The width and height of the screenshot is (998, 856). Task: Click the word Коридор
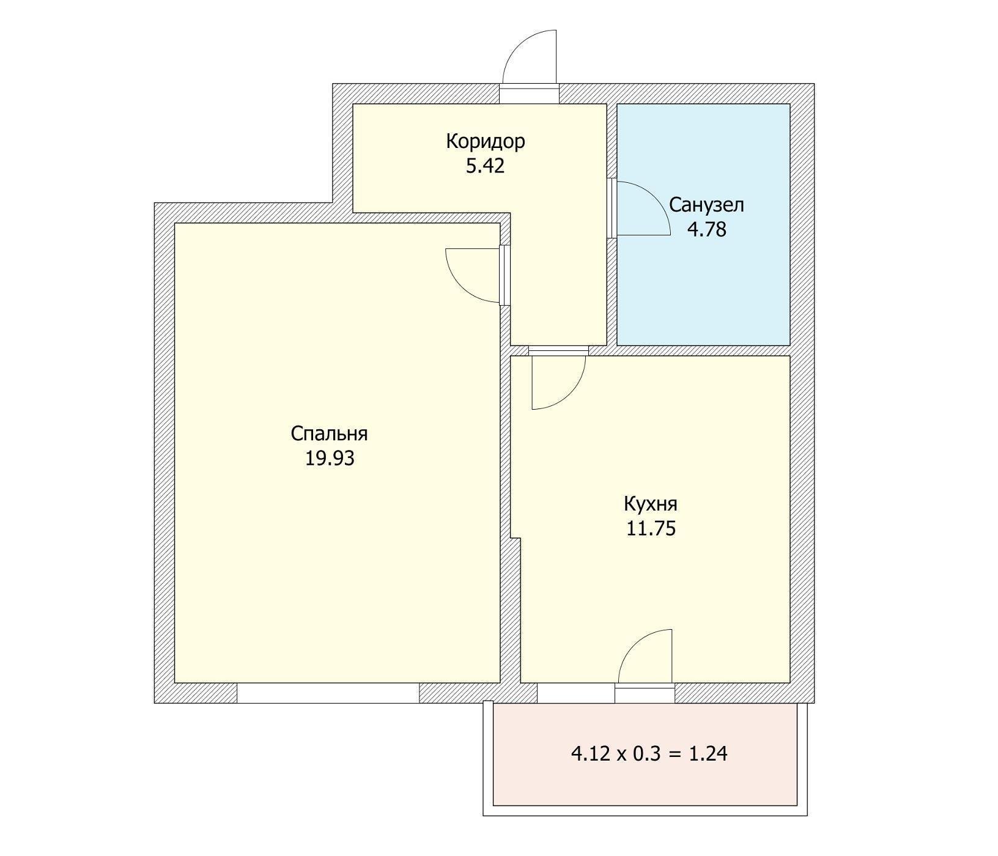pyautogui.click(x=486, y=142)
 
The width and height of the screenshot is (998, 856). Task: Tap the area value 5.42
pyautogui.click(x=486, y=166)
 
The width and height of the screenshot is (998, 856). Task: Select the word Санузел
pyautogui.click(x=706, y=205)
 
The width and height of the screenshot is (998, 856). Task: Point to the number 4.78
pyautogui.click(x=707, y=229)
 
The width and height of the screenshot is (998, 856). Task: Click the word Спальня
pyautogui.click(x=329, y=434)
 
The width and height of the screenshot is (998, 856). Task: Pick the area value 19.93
pyautogui.click(x=330, y=458)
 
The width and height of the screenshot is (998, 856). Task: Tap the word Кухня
pyautogui.click(x=651, y=504)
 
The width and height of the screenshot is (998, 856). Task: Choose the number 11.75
pyautogui.click(x=651, y=528)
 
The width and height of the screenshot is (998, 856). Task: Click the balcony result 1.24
pyautogui.click(x=708, y=754)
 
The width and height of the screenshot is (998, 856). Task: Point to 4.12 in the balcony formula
pyautogui.click(x=590, y=754)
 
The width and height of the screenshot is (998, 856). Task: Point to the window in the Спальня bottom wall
pyautogui.click(x=328, y=693)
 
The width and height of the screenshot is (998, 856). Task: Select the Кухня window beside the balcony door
pyautogui.click(x=576, y=693)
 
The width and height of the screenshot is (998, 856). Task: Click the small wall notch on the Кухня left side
pyautogui.click(x=516, y=538)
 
